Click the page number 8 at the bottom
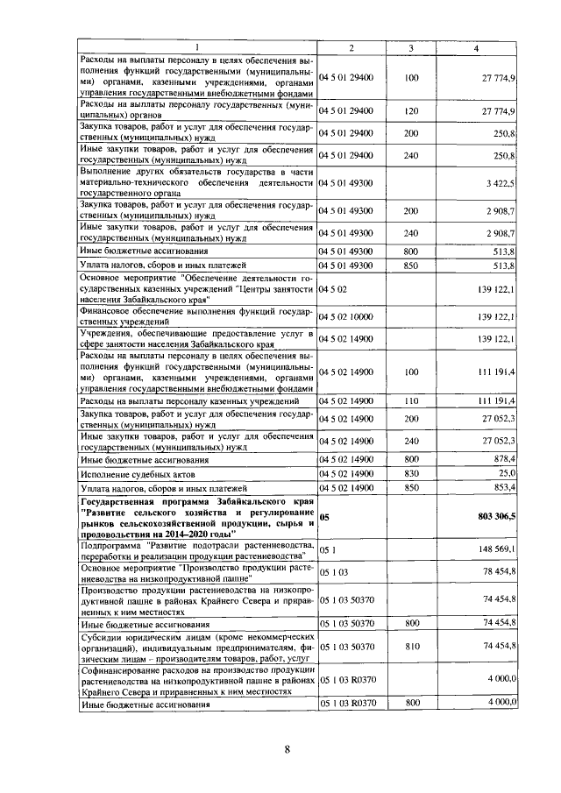(287, 747)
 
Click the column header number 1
(196, 47)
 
